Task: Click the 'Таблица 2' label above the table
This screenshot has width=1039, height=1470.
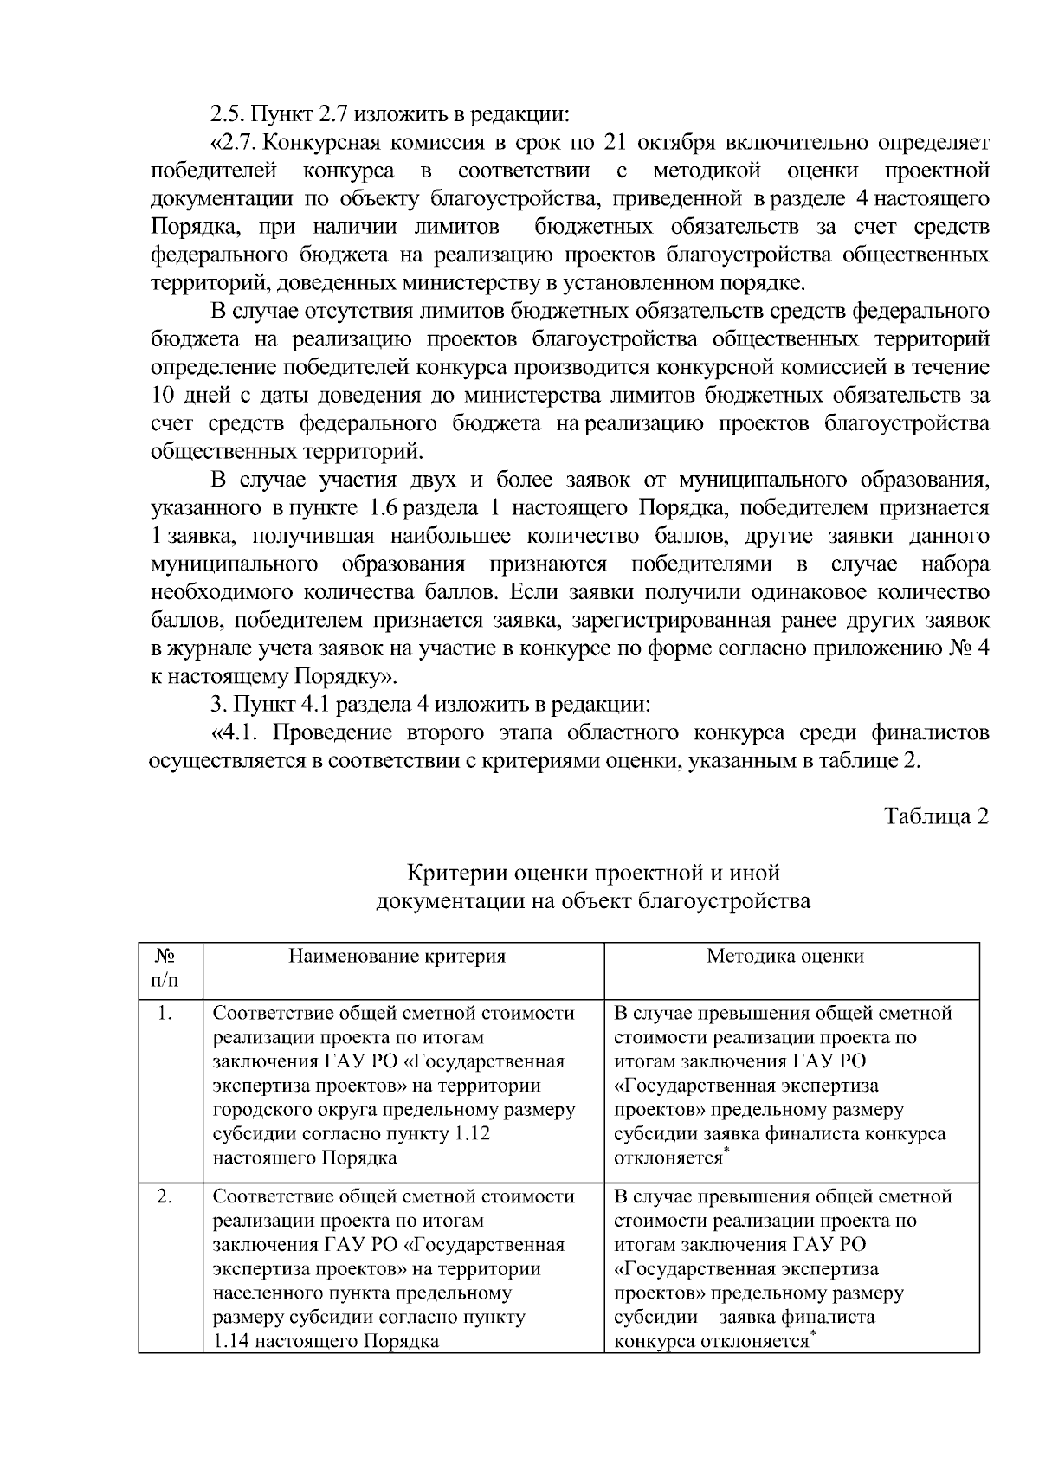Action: pos(935,816)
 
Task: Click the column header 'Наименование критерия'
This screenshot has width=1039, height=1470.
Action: pos(397,956)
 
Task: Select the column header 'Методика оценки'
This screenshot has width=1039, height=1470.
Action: pos(784,956)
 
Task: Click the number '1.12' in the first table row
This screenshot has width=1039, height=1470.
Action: pos(471,1134)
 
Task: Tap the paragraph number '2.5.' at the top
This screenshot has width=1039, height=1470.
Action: pos(229,113)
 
